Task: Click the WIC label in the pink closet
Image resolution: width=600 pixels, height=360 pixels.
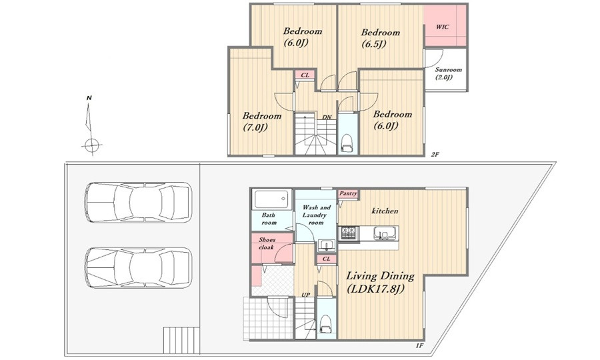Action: pyautogui.click(x=442, y=27)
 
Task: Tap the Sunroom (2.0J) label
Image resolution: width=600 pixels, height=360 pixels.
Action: pyautogui.click(x=448, y=73)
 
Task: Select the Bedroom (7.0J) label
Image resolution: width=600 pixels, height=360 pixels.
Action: pyautogui.click(x=262, y=121)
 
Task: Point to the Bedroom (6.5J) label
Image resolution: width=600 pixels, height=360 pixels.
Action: pyautogui.click(x=381, y=38)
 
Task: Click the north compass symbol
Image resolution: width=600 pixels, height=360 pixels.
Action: pyautogui.click(x=91, y=125)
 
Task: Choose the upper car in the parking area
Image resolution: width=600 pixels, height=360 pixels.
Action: pyautogui.click(x=138, y=203)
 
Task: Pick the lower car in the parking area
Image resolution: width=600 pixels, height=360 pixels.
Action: pyautogui.click(x=138, y=267)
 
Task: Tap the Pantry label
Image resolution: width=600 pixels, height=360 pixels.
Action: pyautogui.click(x=348, y=193)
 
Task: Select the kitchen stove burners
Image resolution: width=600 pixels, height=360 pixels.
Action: pyautogui.click(x=349, y=233)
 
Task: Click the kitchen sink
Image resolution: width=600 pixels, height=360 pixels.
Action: pyautogui.click(x=384, y=233)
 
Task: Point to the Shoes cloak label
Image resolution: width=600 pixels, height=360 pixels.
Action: pyautogui.click(x=267, y=243)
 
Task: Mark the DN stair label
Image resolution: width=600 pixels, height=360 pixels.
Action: pyautogui.click(x=327, y=117)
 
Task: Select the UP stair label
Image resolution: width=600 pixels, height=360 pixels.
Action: pyautogui.click(x=306, y=295)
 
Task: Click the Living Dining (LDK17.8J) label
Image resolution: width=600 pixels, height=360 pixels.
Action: pyautogui.click(x=380, y=282)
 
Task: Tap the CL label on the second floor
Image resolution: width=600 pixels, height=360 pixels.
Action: pyautogui.click(x=305, y=75)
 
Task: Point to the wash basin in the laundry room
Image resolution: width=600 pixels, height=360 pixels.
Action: pyautogui.click(x=327, y=245)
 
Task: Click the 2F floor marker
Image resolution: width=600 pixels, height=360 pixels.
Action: pyautogui.click(x=435, y=155)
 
